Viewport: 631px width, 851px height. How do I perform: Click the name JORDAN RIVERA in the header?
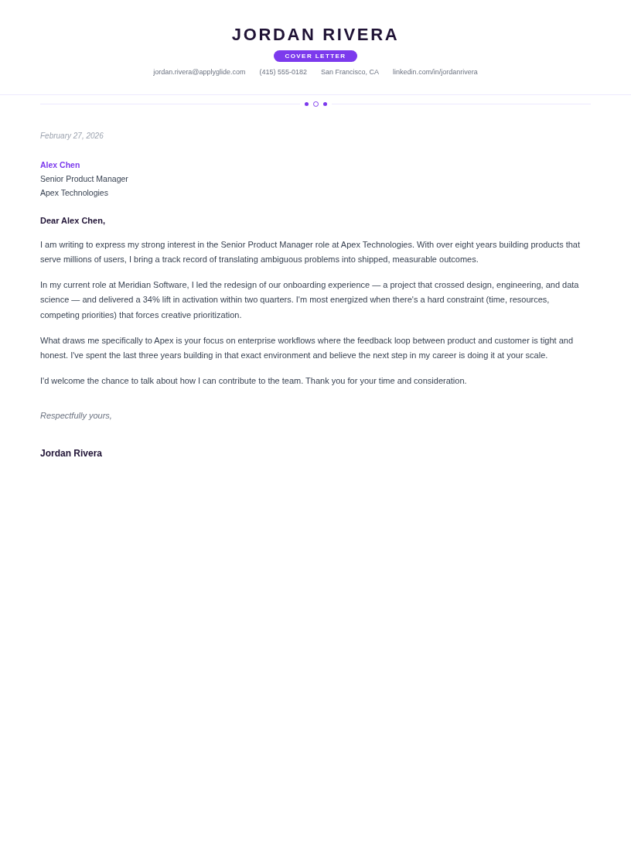(315, 35)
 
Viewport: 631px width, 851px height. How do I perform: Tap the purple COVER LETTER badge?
(315, 56)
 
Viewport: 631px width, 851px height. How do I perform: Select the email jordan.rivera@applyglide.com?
(200, 72)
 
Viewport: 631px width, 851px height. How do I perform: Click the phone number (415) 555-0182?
(283, 72)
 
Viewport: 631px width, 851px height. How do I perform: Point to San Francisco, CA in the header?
(350, 72)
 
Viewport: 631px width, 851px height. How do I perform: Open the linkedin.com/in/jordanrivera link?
(435, 72)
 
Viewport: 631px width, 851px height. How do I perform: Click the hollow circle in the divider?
(315, 104)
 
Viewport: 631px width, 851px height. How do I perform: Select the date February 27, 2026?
(72, 136)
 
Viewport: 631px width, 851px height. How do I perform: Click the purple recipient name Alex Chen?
(60, 165)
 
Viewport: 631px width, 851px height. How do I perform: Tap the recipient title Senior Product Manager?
(84, 179)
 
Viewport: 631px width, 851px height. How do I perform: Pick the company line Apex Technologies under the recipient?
(74, 193)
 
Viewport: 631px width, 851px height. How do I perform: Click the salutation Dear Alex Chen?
(73, 220)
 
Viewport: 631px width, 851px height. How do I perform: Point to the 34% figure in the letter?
(151, 299)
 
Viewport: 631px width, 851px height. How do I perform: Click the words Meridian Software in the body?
(153, 285)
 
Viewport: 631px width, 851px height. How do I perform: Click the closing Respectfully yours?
(76, 415)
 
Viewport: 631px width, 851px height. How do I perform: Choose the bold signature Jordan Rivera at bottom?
(71, 453)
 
